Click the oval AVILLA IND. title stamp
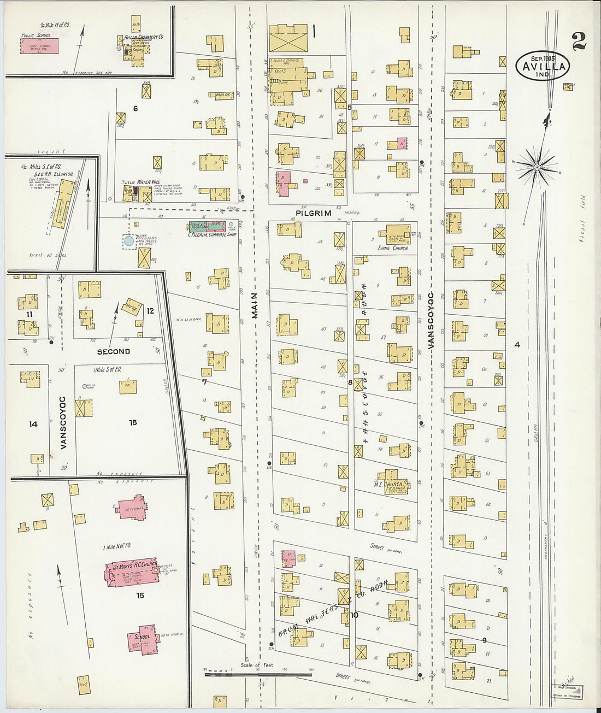click(542, 67)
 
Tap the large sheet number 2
click(579, 42)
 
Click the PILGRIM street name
click(314, 213)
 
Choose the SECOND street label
click(114, 351)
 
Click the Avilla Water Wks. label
click(137, 182)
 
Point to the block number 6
click(135, 108)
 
